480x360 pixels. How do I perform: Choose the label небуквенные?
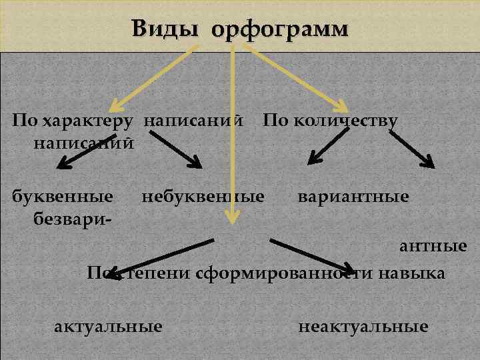(x=203, y=197)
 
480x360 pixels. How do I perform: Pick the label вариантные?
(x=353, y=197)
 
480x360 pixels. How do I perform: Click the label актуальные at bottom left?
(x=108, y=327)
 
